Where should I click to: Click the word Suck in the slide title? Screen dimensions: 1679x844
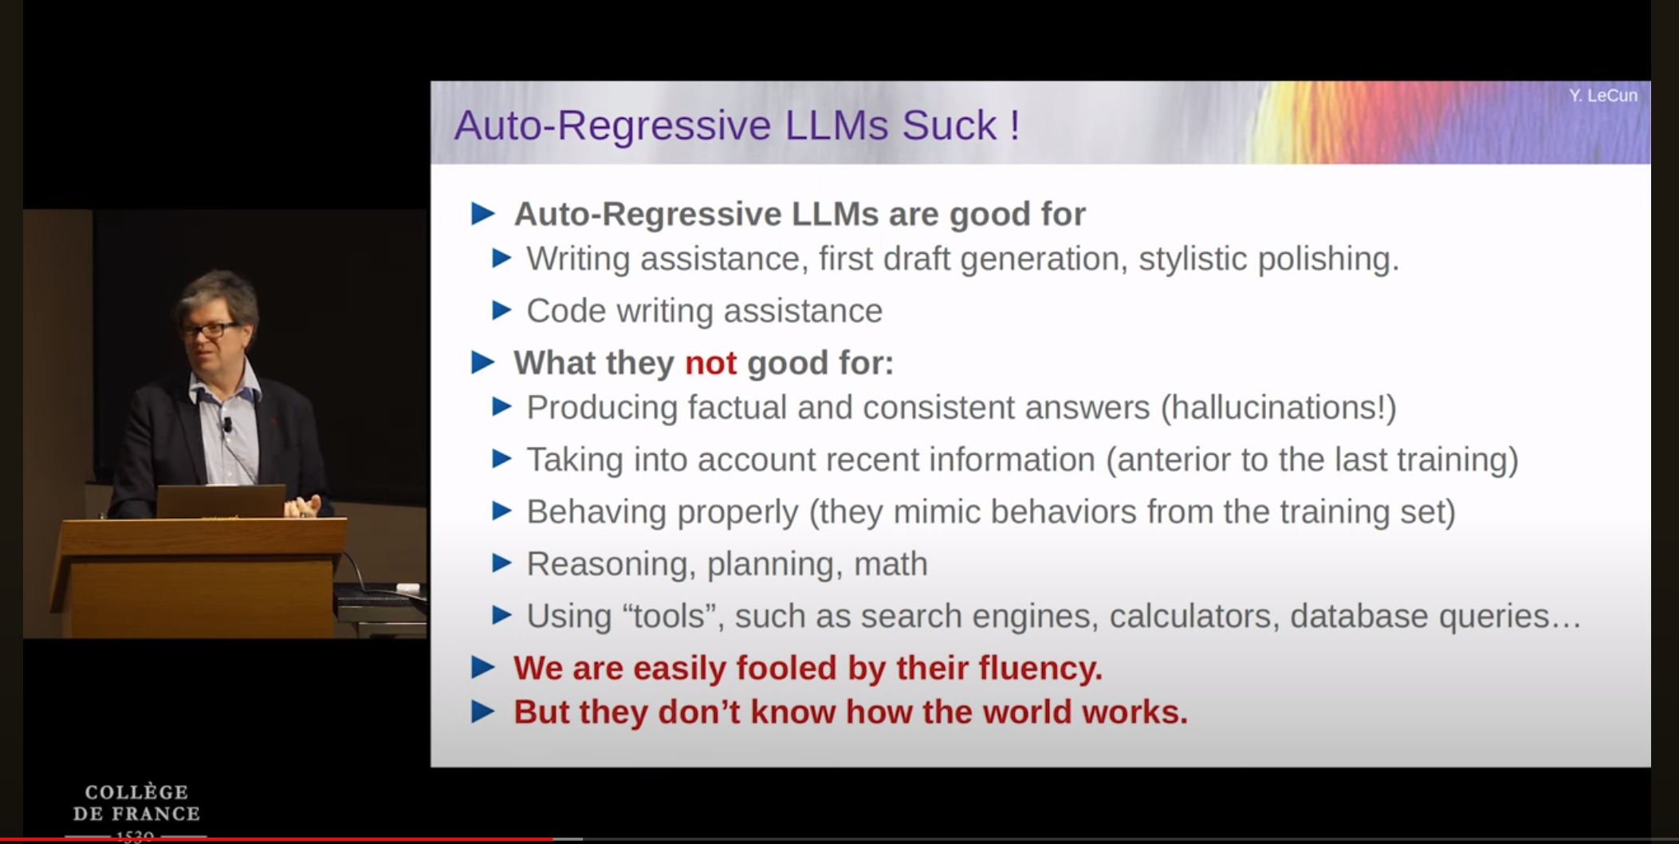pyautogui.click(x=949, y=125)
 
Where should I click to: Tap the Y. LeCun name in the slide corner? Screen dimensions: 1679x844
pyautogui.click(x=1603, y=96)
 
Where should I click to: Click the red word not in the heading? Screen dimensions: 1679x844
pyautogui.click(x=710, y=363)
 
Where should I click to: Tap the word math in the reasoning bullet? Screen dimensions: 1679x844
pyautogui.click(x=891, y=564)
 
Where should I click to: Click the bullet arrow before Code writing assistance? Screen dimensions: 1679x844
pyautogui.click(x=501, y=310)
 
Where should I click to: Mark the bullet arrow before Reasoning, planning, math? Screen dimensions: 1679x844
pyautogui.click(x=501, y=563)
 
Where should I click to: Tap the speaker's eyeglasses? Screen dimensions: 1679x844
pyautogui.click(x=209, y=329)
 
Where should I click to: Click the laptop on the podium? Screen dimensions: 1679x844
pyautogui.click(x=220, y=501)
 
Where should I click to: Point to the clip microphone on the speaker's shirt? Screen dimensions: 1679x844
pyautogui.click(x=227, y=424)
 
